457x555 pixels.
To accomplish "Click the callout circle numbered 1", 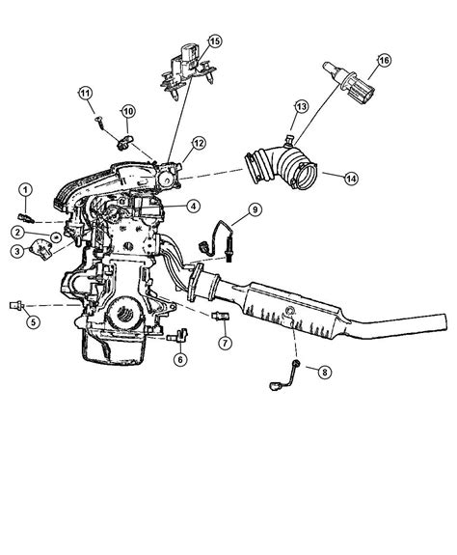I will [x=26, y=187].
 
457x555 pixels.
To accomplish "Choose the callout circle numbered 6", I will [x=180, y=359].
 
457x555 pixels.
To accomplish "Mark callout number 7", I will [x=225, y=343].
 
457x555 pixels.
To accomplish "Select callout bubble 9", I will [x=255, y=209].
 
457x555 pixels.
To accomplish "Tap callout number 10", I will [x=127, y=111].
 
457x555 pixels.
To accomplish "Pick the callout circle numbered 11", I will [x=85, y=93].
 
